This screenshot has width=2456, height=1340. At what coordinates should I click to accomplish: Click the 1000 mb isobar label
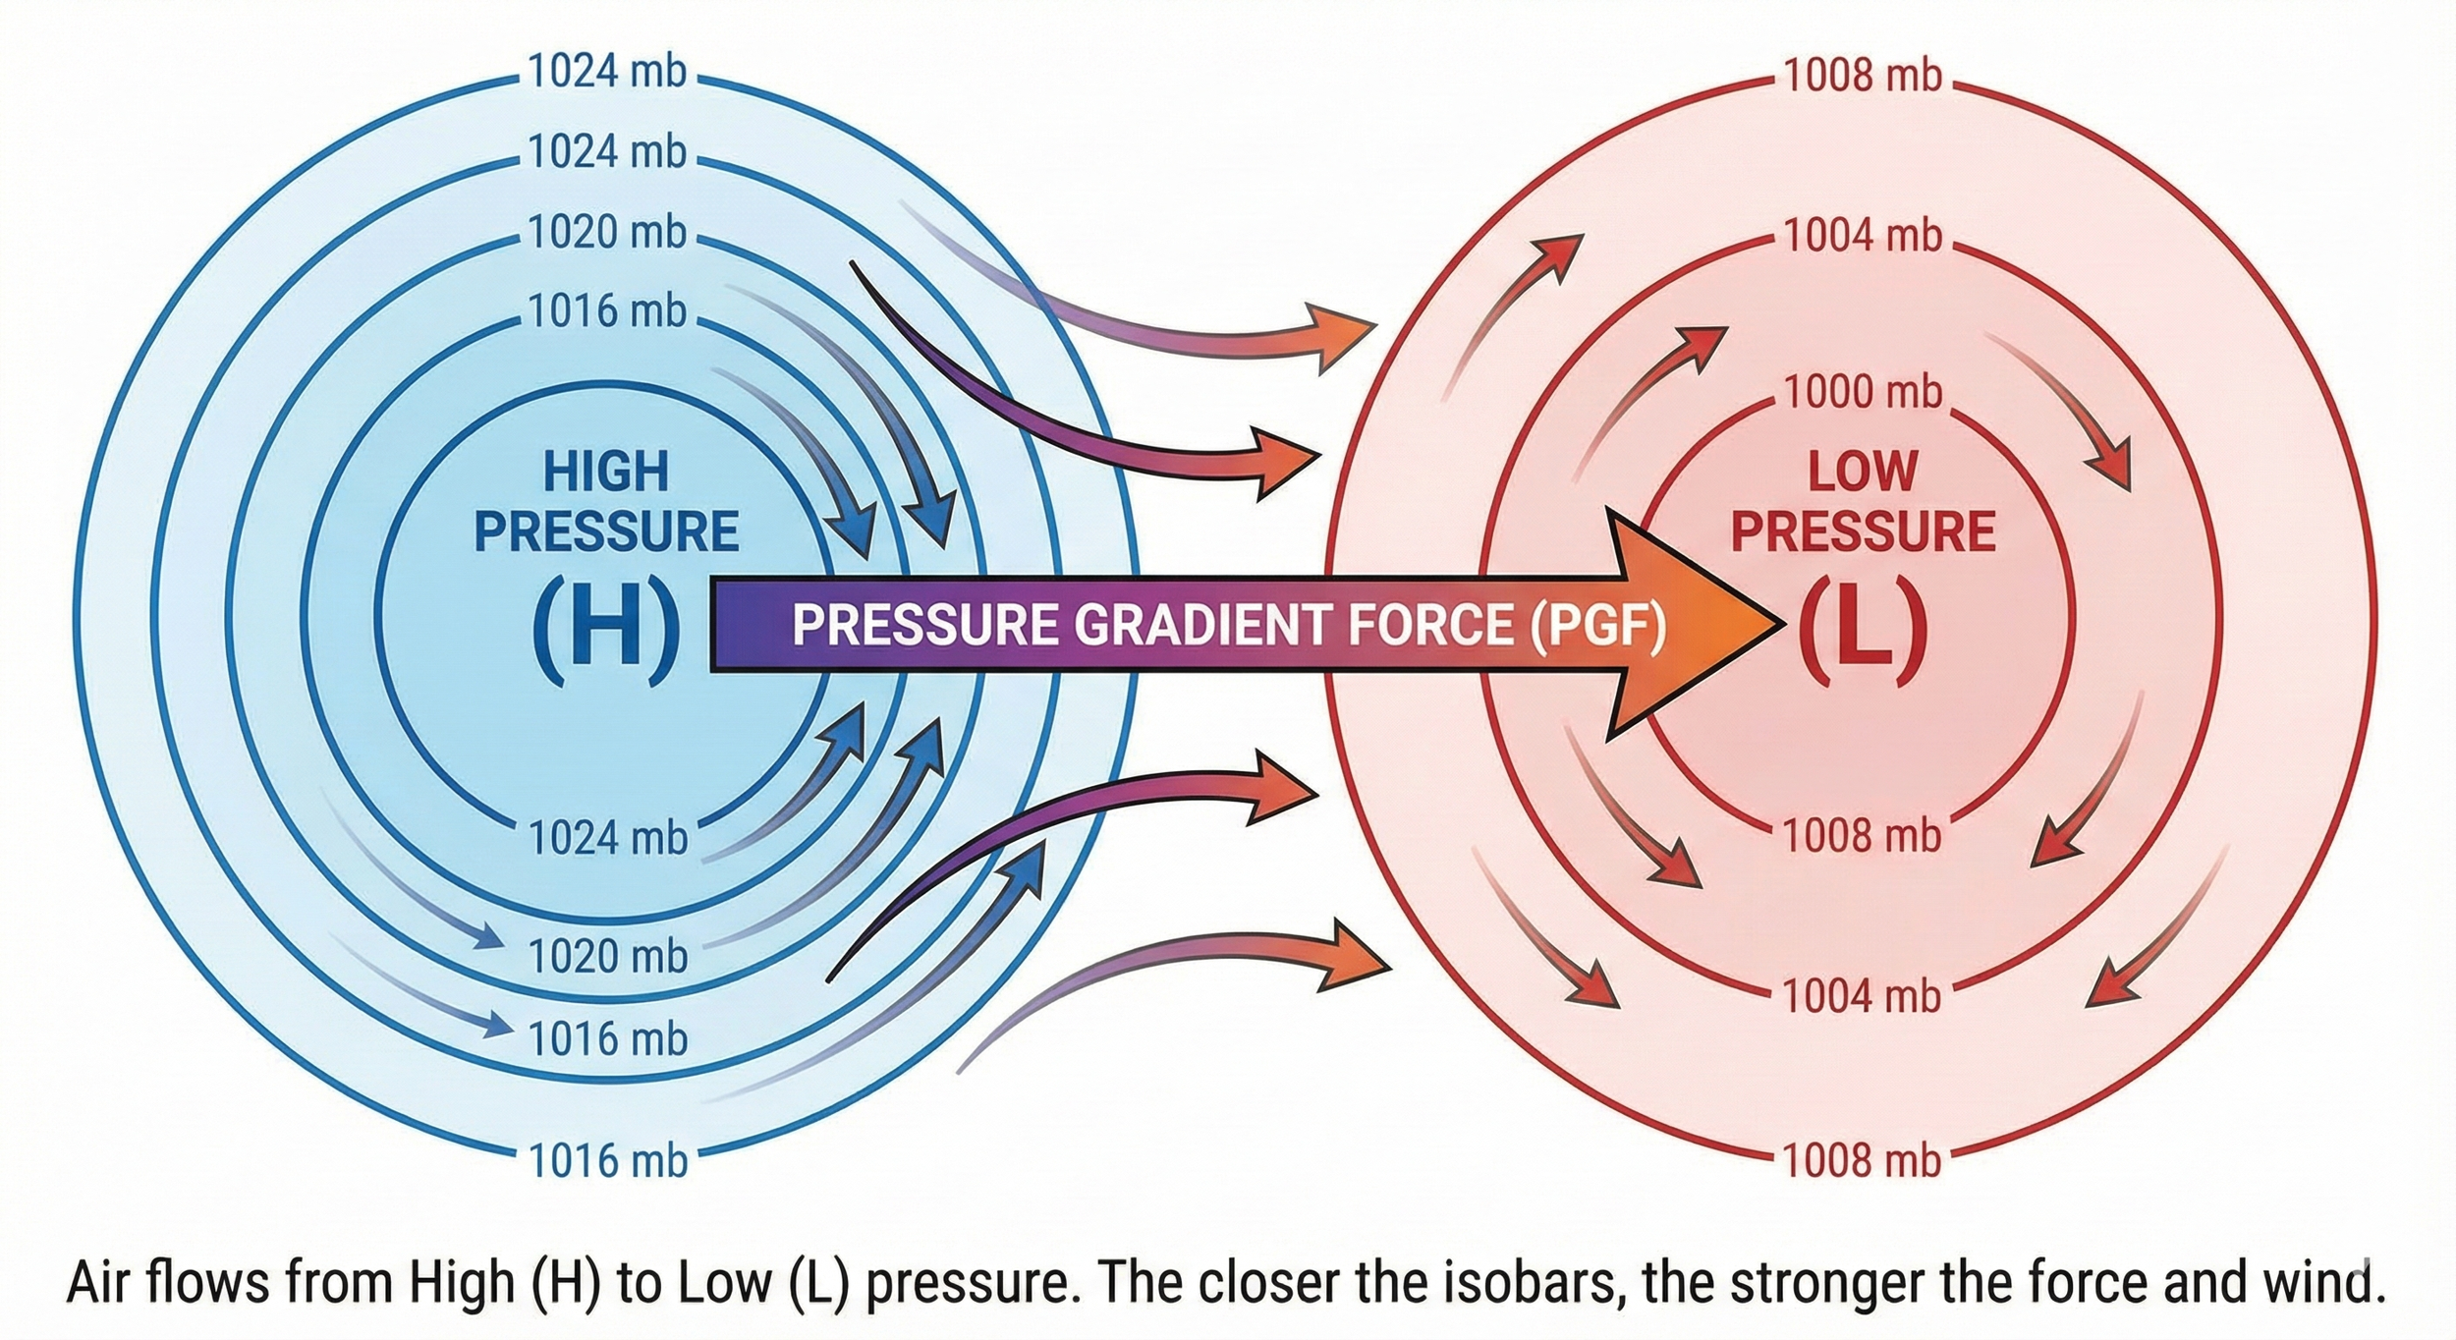click(x=1863, y=392)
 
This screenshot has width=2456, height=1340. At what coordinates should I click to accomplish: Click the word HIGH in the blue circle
click(x=606, y=472)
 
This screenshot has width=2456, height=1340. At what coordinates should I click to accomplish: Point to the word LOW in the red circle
click(x=1863, y=472)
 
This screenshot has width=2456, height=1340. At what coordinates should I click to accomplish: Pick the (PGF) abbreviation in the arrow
click(x=1597, y=625)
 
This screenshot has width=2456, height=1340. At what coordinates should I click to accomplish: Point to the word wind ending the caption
click(x=2322, y=1282)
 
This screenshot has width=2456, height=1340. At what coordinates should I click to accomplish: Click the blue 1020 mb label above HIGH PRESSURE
click(x=607, y=232)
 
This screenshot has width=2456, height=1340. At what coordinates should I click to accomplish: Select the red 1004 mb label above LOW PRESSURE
click(x=1863, y=236)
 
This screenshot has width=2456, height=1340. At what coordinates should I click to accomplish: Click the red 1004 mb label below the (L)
click(x=1863, y=996)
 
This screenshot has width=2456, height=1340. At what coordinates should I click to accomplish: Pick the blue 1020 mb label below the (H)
click(x=607, y=956)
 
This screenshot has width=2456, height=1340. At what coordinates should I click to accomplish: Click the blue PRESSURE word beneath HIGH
click(x=606, y=531)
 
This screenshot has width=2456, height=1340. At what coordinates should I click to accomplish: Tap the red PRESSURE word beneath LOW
click(x=1863, y=531)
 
